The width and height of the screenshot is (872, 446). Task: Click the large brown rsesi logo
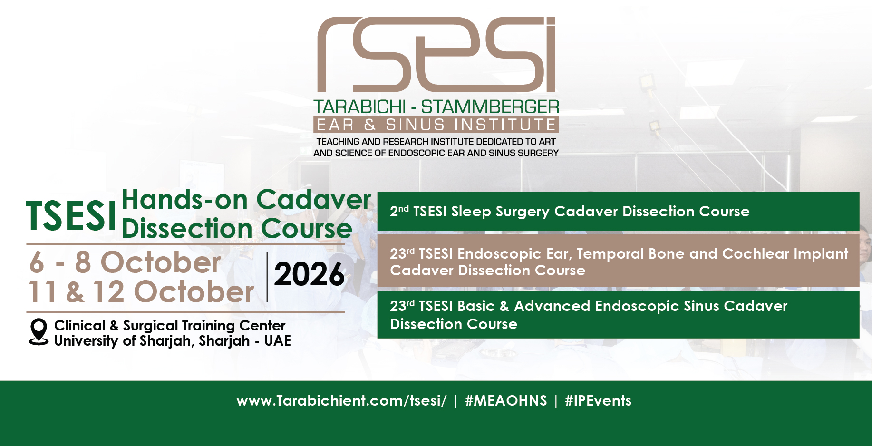(436, 54)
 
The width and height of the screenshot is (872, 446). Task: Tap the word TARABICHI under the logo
(359, 107)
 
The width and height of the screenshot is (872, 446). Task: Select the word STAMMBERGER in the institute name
(490, 107)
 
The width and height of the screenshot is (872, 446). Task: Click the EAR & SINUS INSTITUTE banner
(436, 125)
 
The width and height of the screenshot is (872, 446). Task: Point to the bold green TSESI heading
(71, 216)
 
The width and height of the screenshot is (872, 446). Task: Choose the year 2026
(310, 274)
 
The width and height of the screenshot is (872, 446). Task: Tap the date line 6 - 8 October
(125, 262)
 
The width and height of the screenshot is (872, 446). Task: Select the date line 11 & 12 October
(141, 291)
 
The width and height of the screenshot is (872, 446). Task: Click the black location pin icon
(39, 331)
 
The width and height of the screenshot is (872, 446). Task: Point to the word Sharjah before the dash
(224, 341)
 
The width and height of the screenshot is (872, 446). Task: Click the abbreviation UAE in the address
(278, 341)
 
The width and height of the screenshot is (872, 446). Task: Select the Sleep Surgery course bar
(618, 211)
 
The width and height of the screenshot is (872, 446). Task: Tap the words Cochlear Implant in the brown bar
(785, 254)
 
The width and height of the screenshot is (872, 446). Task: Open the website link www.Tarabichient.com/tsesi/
(341, 401)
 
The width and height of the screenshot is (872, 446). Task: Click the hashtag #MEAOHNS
(506, 401)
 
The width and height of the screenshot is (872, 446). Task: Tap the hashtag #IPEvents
(598, 401)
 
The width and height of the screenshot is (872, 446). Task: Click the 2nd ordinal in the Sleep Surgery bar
(399, 211)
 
